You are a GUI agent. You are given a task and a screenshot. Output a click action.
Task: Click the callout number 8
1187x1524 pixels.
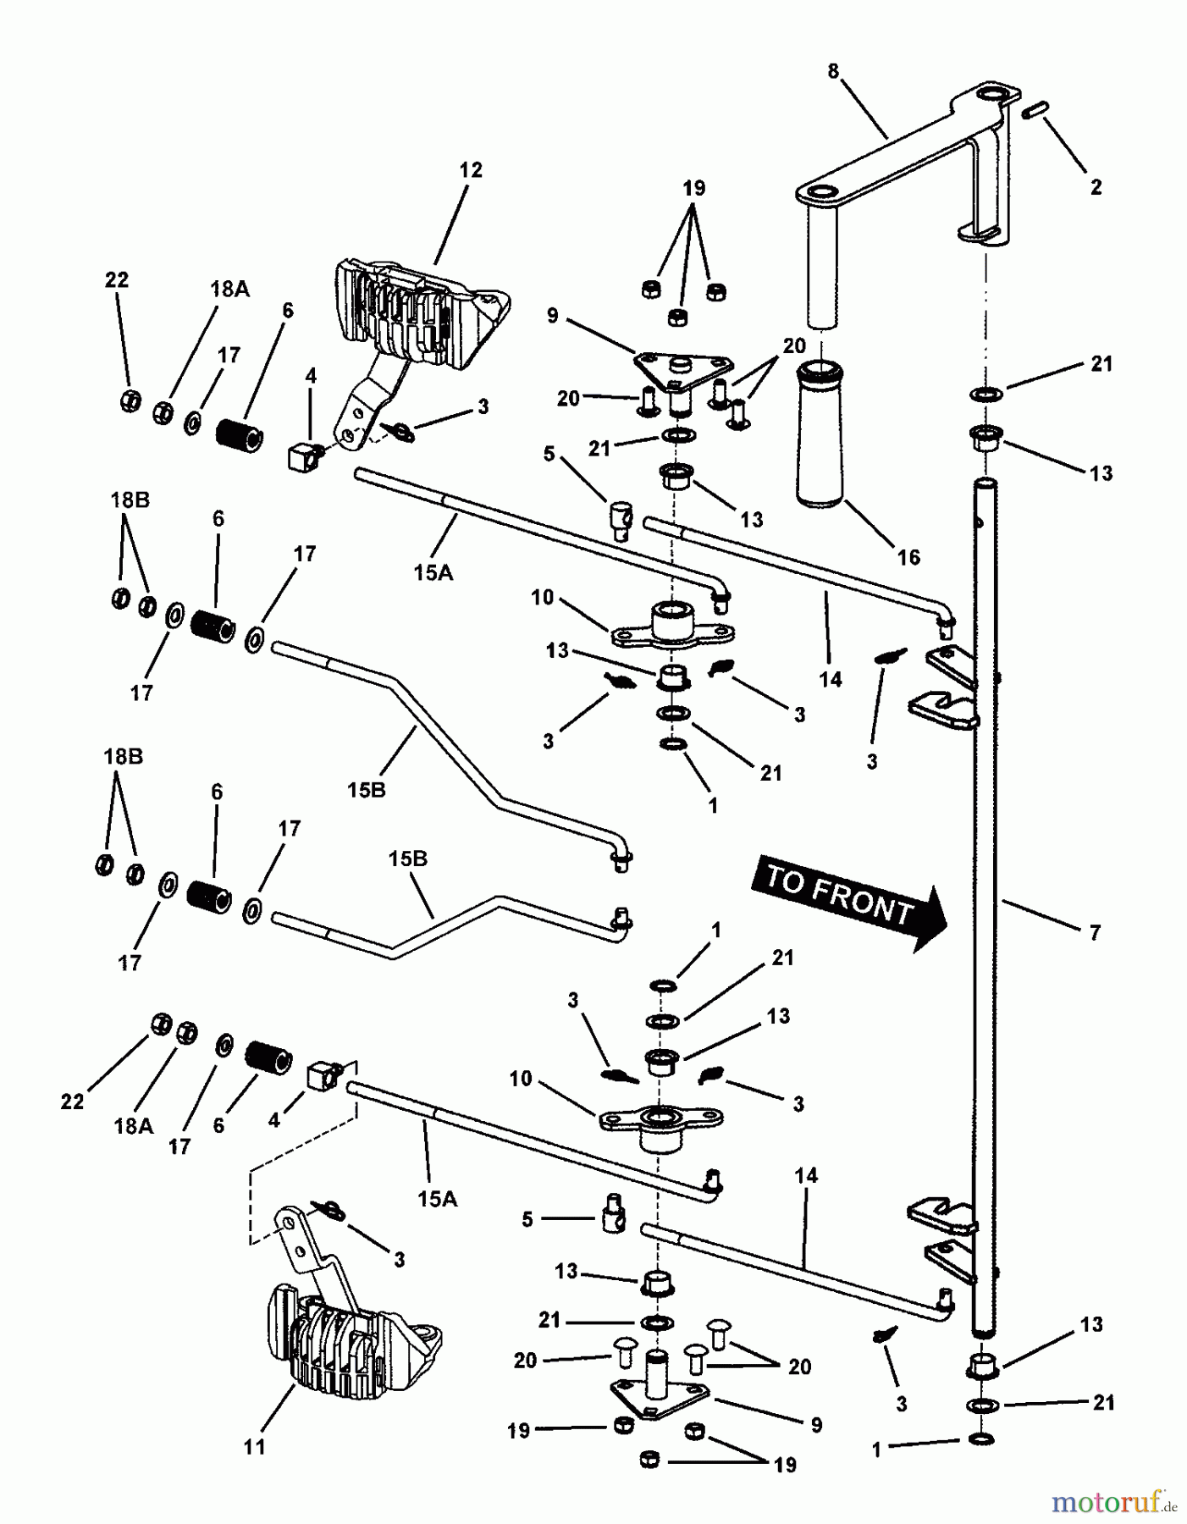[x=833, y=71]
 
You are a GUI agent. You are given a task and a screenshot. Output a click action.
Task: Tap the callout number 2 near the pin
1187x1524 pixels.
[x=1096, y=187]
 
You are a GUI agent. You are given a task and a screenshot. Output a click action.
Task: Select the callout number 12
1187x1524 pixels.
[x=471, y=170]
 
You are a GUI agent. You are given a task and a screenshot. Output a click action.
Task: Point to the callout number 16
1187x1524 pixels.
[x=908, y=557]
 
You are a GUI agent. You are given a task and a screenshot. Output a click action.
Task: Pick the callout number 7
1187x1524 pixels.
[x=1095, y=933]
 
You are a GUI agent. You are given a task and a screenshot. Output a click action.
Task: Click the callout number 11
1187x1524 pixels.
[x=254, y=1447]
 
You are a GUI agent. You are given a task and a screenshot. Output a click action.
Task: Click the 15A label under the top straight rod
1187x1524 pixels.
[x=433, y=573]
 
